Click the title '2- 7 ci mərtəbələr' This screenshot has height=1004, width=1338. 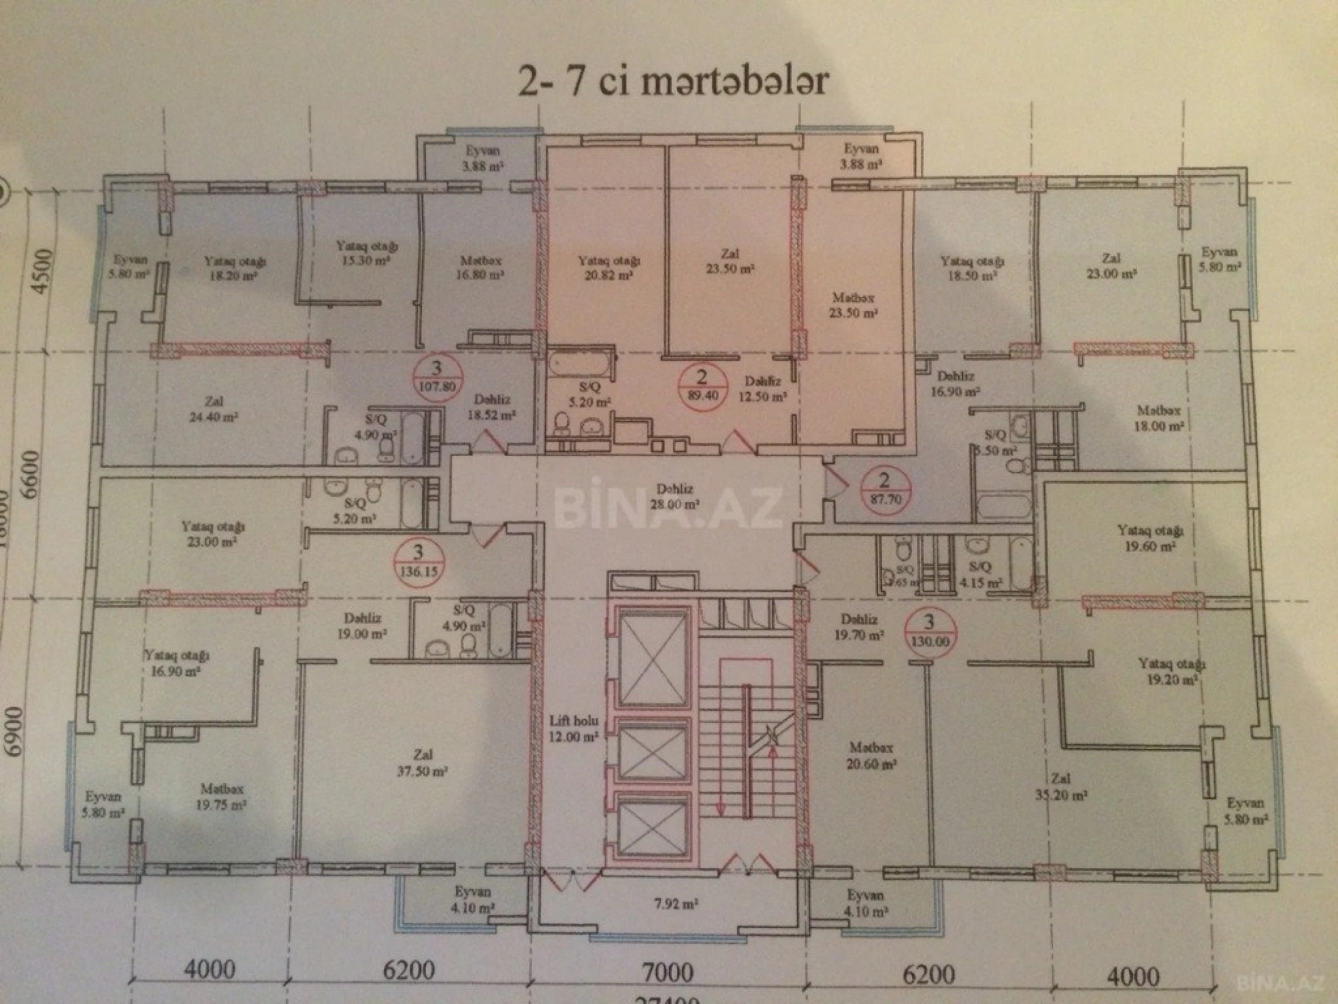point(673,82)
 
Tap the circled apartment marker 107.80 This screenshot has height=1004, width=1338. point(437,377)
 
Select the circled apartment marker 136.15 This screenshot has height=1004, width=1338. point(418,563)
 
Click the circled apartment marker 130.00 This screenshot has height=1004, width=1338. point(929,632)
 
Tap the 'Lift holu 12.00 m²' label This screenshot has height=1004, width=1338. point(573,729)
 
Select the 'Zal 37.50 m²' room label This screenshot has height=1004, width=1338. point(422,763)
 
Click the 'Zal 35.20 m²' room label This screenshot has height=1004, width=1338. point(1061,787)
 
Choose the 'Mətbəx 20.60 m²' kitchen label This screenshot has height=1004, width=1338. point(871,756)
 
